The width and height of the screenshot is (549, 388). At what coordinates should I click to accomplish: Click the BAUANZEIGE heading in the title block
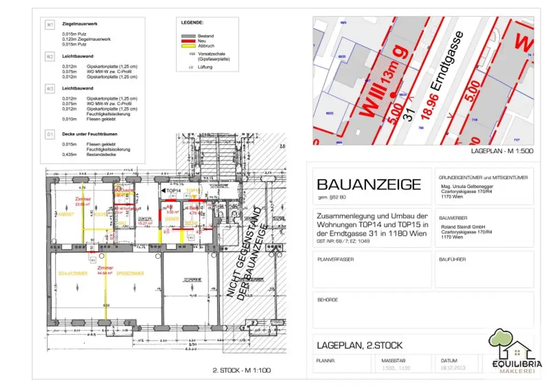(369, 185)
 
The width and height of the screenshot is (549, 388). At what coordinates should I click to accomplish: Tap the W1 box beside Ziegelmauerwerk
(50, 25)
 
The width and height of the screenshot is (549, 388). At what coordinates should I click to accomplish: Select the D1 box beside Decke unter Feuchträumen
(50, 134)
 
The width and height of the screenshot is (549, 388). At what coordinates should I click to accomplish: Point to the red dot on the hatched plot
(393, 95)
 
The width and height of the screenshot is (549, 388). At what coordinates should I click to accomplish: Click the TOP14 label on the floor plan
(172, 191)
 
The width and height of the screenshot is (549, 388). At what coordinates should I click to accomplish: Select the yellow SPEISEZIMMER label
(130, 273)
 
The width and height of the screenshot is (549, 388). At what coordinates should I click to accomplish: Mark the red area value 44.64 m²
(105, 273)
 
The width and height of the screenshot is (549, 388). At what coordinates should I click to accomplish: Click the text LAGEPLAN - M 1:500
(502, 152)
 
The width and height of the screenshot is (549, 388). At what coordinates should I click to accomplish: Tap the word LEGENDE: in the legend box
(192, 23)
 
